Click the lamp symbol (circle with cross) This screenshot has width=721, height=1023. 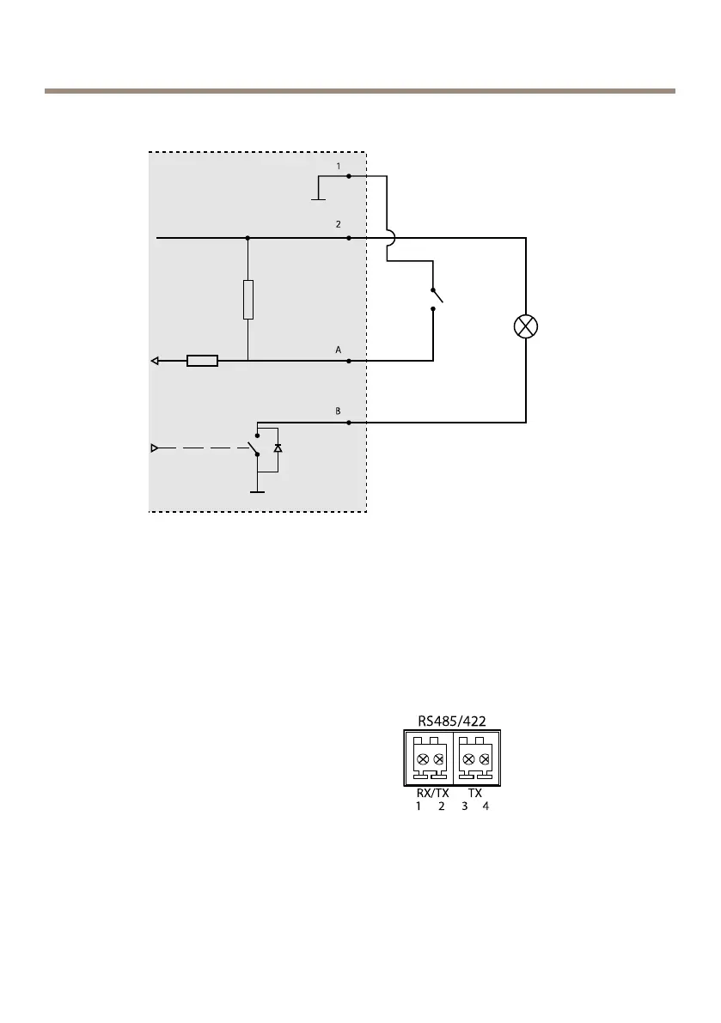(x=526, y=326)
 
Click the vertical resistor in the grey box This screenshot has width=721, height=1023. (x=247, y=300)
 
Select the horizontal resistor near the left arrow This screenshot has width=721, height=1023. (x=202, y=362)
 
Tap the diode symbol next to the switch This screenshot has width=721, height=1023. (x=277, y=448)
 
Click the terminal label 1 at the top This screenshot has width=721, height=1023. (x=339, y=166)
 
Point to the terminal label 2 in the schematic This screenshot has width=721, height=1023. (x=339, y=224)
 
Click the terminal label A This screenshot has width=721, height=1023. (x=339, y=350)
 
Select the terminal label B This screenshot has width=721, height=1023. (x=339, y=411)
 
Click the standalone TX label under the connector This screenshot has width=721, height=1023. (x=474, y=794)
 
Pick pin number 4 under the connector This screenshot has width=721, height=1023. (x=486, y=807)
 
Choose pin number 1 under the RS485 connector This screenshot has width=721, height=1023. (x=419, y=807)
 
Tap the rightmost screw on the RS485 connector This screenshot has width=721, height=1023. (x=485, y=758)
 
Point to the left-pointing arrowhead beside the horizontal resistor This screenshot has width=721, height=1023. (x=155, y=362)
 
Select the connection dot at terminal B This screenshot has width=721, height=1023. (x=348, y=423)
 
